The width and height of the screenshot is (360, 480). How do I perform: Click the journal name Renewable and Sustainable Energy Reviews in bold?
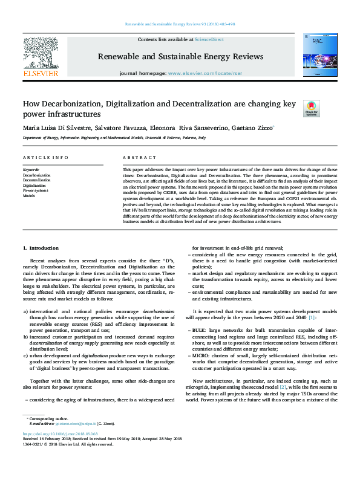[x=180, y=57]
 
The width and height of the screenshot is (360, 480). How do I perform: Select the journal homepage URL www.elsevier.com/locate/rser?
[x=198, y=73]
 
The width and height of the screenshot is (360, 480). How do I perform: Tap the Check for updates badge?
[x=310, y=108]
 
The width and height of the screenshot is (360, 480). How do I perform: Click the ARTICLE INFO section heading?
[x=45, y=157]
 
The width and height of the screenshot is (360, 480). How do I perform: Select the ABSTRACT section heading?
[x=135, y=157]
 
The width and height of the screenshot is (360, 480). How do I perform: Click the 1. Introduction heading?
[x=41, y=248]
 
